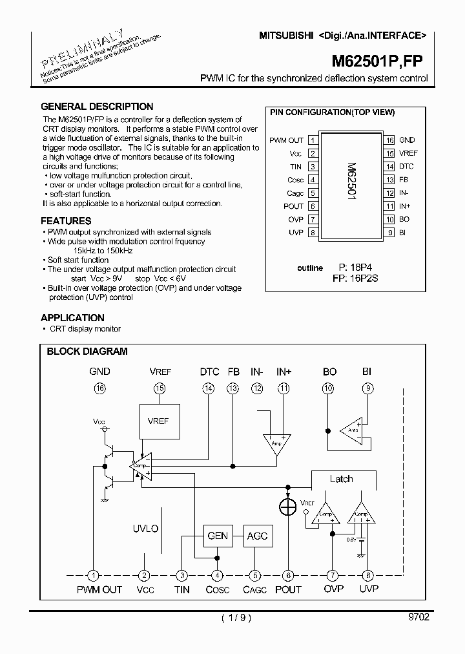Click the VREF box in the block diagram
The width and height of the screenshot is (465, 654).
click(x=158, y=421)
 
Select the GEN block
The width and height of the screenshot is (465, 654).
click(x=218, y=536)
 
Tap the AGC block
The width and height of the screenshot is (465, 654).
click(x=256, y=536)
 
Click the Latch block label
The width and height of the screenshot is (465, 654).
click(x=341, y=479)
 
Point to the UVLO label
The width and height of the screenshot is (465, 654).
click(x=145, y=528)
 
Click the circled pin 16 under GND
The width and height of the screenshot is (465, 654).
click(x=99, y=388)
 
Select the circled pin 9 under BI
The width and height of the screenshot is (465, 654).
click(x=367, y=388)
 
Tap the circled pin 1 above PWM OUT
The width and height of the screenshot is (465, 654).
click(x=94, y=575)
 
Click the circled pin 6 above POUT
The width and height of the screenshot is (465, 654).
click(x=288, y=575)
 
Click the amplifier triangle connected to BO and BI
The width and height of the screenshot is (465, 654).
click(x=353, y=430)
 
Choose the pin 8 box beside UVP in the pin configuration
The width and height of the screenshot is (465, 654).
click(x=313, y=233)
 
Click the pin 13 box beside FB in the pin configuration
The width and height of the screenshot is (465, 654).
click(x=389, y=180)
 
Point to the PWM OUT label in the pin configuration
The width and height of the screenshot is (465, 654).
click(x=286, y=140)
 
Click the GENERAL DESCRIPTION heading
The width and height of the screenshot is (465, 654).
click(x=97, y=107)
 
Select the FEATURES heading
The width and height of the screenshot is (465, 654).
click(x=66, y=220)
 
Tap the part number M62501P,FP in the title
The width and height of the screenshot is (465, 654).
click(x=378, y=61)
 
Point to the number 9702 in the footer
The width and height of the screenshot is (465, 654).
click(x=418, y=617)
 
